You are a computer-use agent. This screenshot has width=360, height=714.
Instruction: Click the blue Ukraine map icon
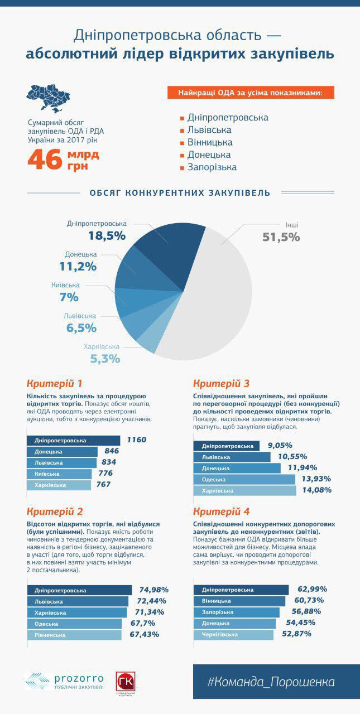click(47, 99)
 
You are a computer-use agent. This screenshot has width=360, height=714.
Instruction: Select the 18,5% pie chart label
click(107, 236)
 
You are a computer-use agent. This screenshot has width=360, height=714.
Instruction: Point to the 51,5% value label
click(281, 237)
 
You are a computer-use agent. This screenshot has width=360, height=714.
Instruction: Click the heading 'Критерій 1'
click(55, 384)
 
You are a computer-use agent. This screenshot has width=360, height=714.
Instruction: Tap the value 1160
click(136, 440)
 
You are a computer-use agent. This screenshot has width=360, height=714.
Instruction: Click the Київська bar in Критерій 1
click(59, 474)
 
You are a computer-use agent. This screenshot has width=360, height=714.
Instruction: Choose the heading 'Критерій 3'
click(221, 384)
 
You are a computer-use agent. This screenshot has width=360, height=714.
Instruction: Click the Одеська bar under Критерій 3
click(244, 480)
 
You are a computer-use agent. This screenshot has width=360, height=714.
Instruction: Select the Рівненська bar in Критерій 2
click(74, 635)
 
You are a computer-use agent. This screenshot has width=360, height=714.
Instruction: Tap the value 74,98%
click(153, 590)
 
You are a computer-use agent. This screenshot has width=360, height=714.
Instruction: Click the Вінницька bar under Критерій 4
click(239, 601)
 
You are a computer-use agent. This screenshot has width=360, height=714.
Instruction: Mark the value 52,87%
click(296, 634)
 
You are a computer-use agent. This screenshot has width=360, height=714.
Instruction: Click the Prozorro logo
click(64, 681)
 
